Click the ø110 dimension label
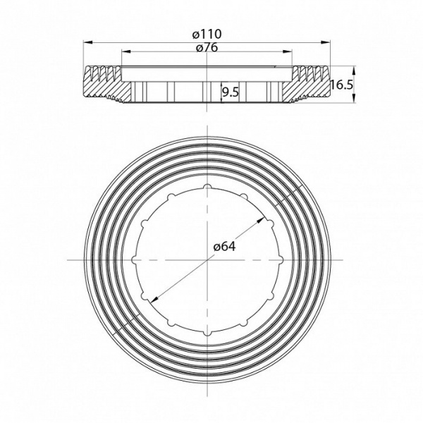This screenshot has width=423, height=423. point(207,35)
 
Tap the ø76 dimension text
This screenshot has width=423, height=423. point(207,48)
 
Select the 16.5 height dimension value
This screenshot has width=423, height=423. point(342,85)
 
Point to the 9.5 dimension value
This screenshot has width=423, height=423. point(231,93)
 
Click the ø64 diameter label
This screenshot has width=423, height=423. point(224,246)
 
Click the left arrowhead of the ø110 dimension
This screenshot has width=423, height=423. point(88,42)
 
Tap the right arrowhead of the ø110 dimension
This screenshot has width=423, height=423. point(325,42)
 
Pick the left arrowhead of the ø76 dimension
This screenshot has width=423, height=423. point(126,51)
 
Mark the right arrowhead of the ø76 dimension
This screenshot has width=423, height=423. point(288,51)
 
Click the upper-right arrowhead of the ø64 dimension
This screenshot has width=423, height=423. point(261,221)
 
